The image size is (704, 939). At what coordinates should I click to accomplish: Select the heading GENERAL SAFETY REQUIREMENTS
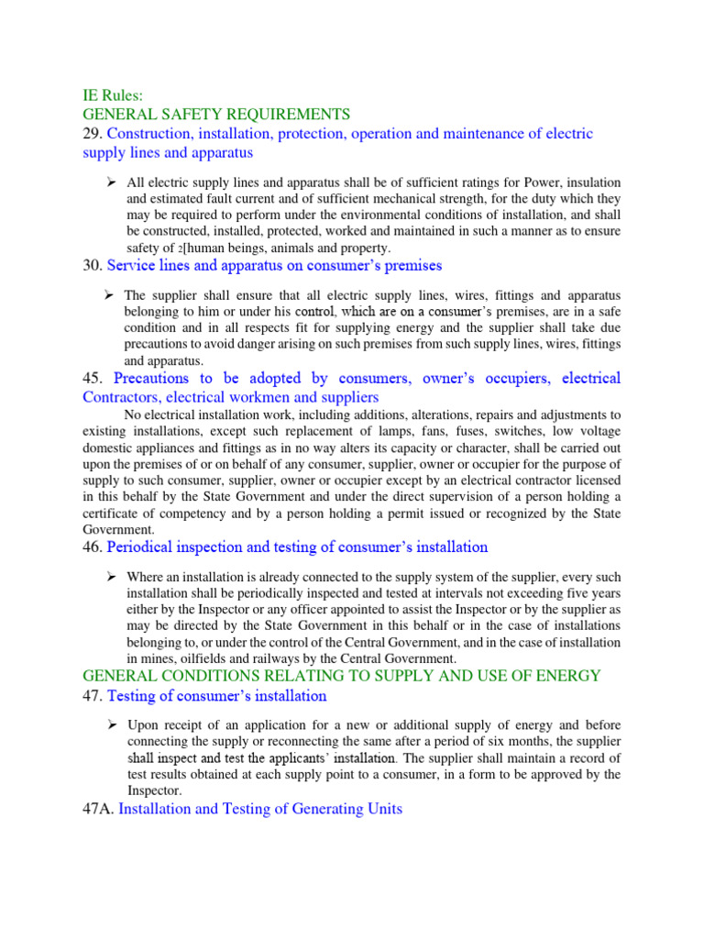tap(216, 115)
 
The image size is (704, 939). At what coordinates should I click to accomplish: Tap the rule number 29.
tap(93, 135)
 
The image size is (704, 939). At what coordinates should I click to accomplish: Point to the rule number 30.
tap(93, 266)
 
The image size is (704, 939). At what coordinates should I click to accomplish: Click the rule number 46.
tap(93, 547)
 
